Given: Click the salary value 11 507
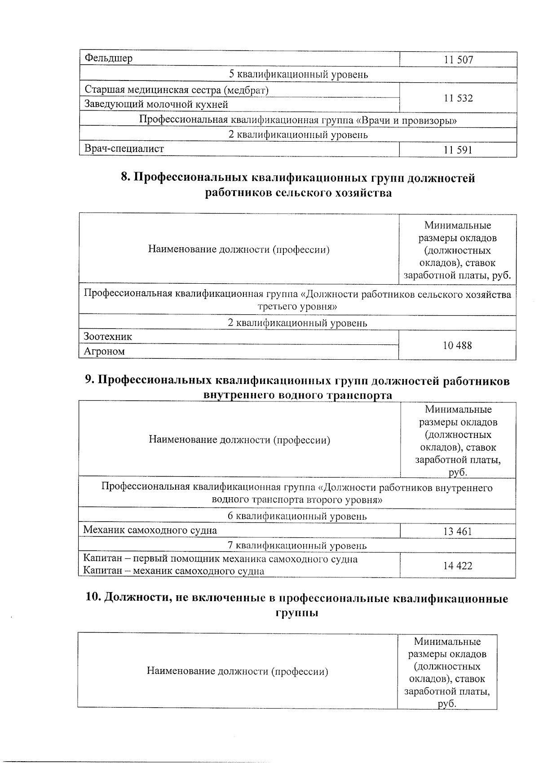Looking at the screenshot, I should coord(458,60).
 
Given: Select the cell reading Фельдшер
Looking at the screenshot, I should coord(108,58).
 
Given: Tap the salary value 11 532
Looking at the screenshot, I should coord(458,98).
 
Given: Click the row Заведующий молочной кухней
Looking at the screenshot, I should coord(156,105).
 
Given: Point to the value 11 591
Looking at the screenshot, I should coord(458,150).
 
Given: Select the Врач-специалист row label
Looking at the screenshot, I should coord(124,149).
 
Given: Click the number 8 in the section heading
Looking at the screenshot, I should coord(125,178).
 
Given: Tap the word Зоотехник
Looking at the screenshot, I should coord(108,337).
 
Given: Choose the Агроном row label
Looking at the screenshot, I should coord(104,352).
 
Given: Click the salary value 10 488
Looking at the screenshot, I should coord(457,346).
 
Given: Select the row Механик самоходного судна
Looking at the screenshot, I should coord(150,531).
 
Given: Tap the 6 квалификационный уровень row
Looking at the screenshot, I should coord(297,517).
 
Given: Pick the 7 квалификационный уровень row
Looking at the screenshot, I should coord(297,546).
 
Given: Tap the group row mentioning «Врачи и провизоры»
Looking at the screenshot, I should coord(298,120).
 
